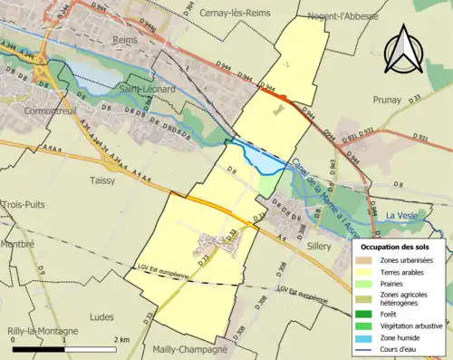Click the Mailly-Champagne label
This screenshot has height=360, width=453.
pos(191,349)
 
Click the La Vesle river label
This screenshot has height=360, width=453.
pos(403,215)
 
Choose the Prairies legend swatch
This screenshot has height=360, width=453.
pos(365,281)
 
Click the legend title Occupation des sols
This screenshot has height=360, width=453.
pos(400,247)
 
